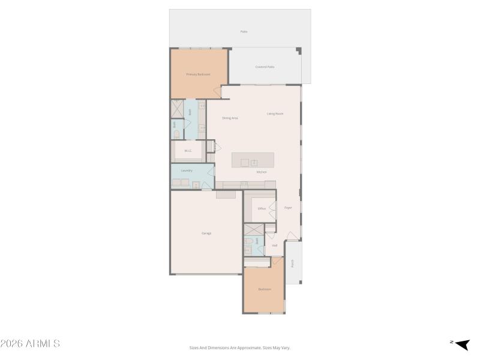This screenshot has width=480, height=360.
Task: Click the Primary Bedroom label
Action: (198, 74)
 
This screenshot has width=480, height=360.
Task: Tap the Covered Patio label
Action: (265, 67)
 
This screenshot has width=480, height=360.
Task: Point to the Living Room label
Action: (275, 113)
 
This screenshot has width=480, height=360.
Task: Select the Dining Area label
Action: (230, 118)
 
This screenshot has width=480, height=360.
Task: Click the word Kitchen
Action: (262, 172)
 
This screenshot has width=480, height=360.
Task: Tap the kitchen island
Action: (253, 160)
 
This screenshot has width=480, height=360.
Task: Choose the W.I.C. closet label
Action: (188, 151)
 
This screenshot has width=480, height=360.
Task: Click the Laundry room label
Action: (187, 170)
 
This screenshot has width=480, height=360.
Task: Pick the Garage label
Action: (206, 233)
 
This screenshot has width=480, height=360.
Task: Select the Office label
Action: (262, 209)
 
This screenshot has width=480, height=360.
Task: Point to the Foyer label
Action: (288, 208)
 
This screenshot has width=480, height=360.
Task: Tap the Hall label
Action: (275, 245)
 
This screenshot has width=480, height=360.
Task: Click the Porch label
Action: (293, 263)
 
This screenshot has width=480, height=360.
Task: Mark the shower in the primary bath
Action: (178, 109)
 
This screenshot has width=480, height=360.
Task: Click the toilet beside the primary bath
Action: (176, 134)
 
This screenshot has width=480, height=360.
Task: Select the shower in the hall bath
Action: (253, 230)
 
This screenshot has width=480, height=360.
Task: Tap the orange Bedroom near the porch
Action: (265, 289)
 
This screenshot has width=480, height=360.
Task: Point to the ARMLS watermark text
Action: (30, 344)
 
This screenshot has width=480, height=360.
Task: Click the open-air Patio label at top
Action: (244, 31)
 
